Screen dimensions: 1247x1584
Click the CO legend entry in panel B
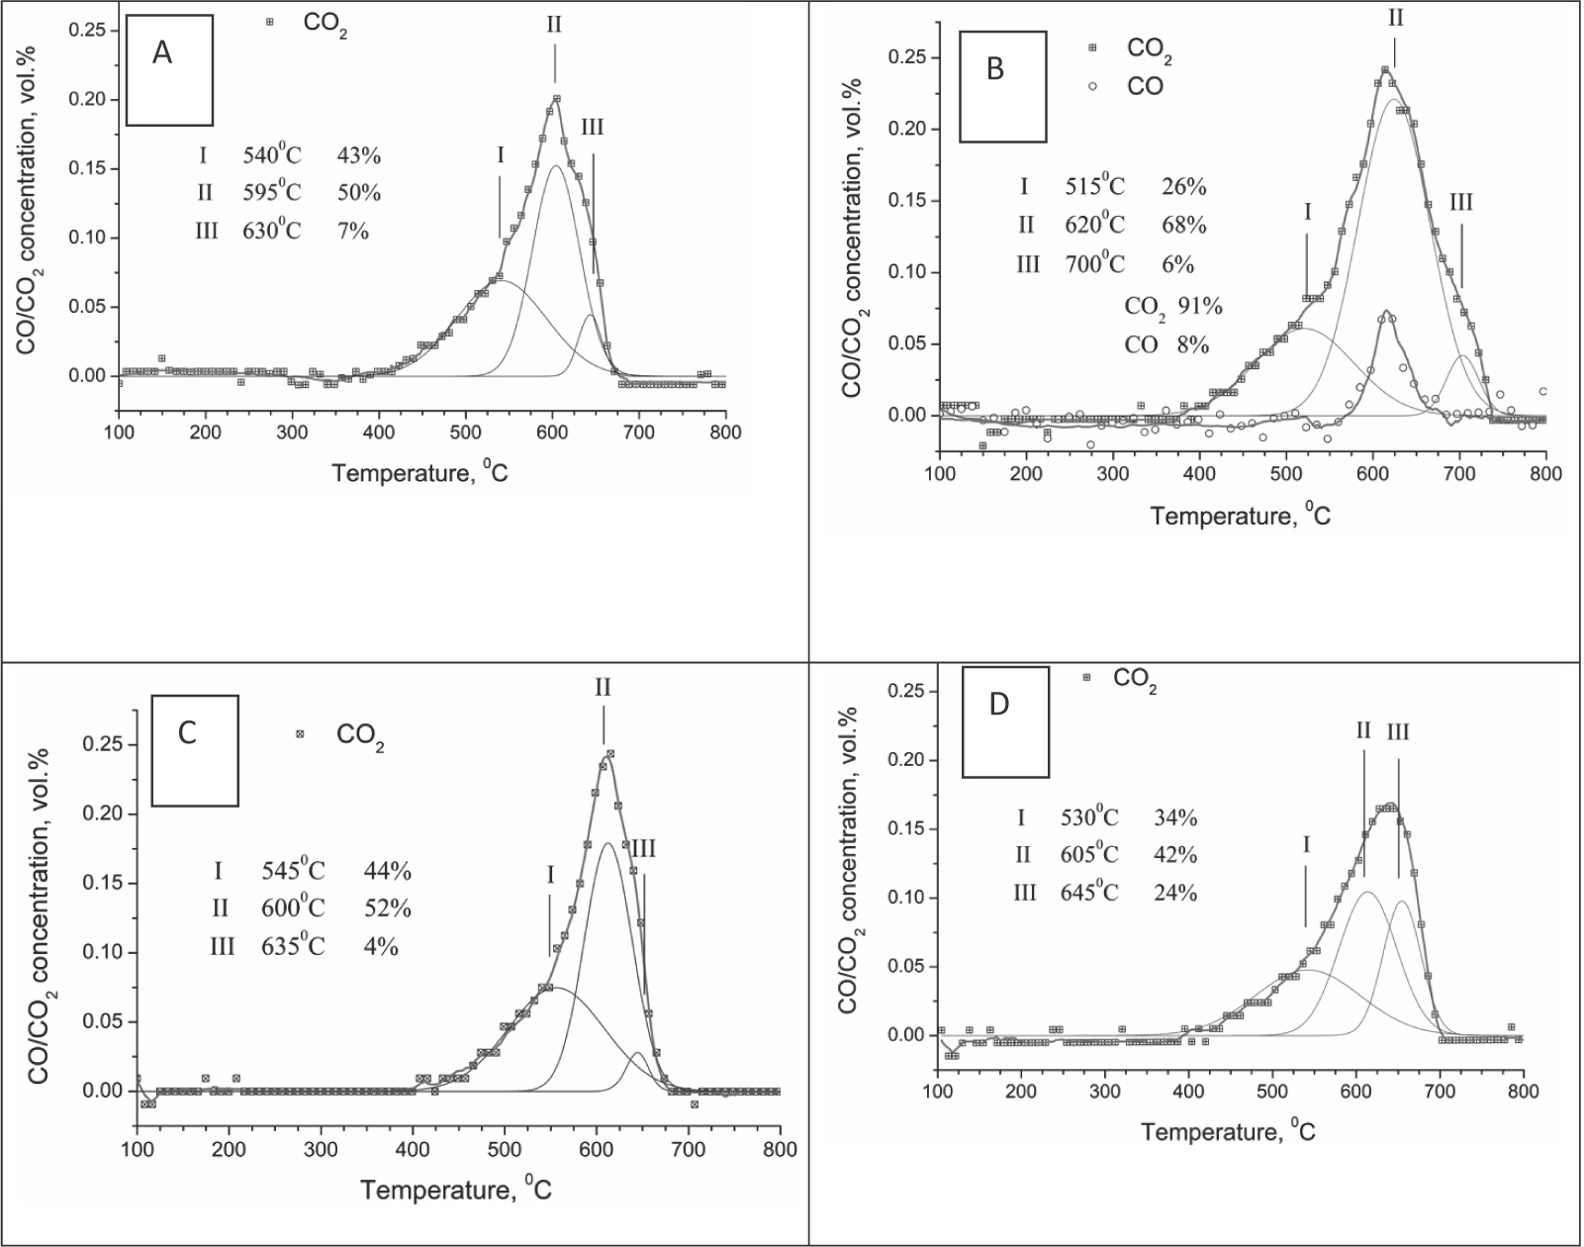click(x=1145, y=86)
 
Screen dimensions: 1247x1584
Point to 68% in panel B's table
click(x=1183, y=225)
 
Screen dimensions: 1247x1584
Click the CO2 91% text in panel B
click(x=1173, y=306)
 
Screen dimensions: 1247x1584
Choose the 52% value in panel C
click(x=387, y=909)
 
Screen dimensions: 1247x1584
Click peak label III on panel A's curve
click(x=592, y=127)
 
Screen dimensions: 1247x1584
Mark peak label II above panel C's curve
click(x=604, y=687)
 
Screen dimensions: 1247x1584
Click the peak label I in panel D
click(x=1306, y=844)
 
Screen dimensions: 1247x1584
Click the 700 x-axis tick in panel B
click(x=1459, y=474)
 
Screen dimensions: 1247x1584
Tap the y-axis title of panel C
click(x=42, y=896)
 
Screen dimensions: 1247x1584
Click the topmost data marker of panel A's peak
click(x=557, y=98)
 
